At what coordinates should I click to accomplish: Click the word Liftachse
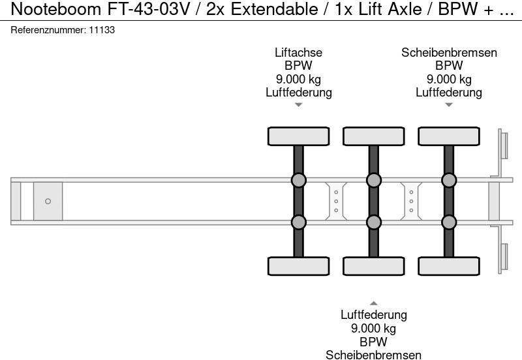coord(298,53)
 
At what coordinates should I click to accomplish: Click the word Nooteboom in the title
coord(47,9)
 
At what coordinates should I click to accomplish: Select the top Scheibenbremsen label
coord(449,53)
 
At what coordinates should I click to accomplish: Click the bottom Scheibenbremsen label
coord(373,354)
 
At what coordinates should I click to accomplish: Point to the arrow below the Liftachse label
coord(298,105)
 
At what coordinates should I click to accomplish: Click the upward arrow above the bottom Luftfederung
coord(373,303)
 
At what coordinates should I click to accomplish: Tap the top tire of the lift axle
coord(298,136)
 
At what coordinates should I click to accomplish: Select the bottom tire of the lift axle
coord(298,266)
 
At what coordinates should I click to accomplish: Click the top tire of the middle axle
coord(373,136)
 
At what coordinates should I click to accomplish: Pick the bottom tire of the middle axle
coord(373,266)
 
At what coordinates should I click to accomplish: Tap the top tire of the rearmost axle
coord(449,136)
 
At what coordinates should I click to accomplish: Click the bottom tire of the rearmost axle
coord(449,266)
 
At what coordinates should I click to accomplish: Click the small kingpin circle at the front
coord(48,201)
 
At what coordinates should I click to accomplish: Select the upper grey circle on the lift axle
coord(298,180)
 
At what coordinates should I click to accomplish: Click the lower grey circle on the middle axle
coord(373,222)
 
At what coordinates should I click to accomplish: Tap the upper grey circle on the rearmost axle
coord(449,180)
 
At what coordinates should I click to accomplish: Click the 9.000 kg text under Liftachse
coord(298,79)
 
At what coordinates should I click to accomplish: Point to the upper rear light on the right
coord(503,145)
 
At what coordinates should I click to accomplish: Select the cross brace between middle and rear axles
coord(411,201)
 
